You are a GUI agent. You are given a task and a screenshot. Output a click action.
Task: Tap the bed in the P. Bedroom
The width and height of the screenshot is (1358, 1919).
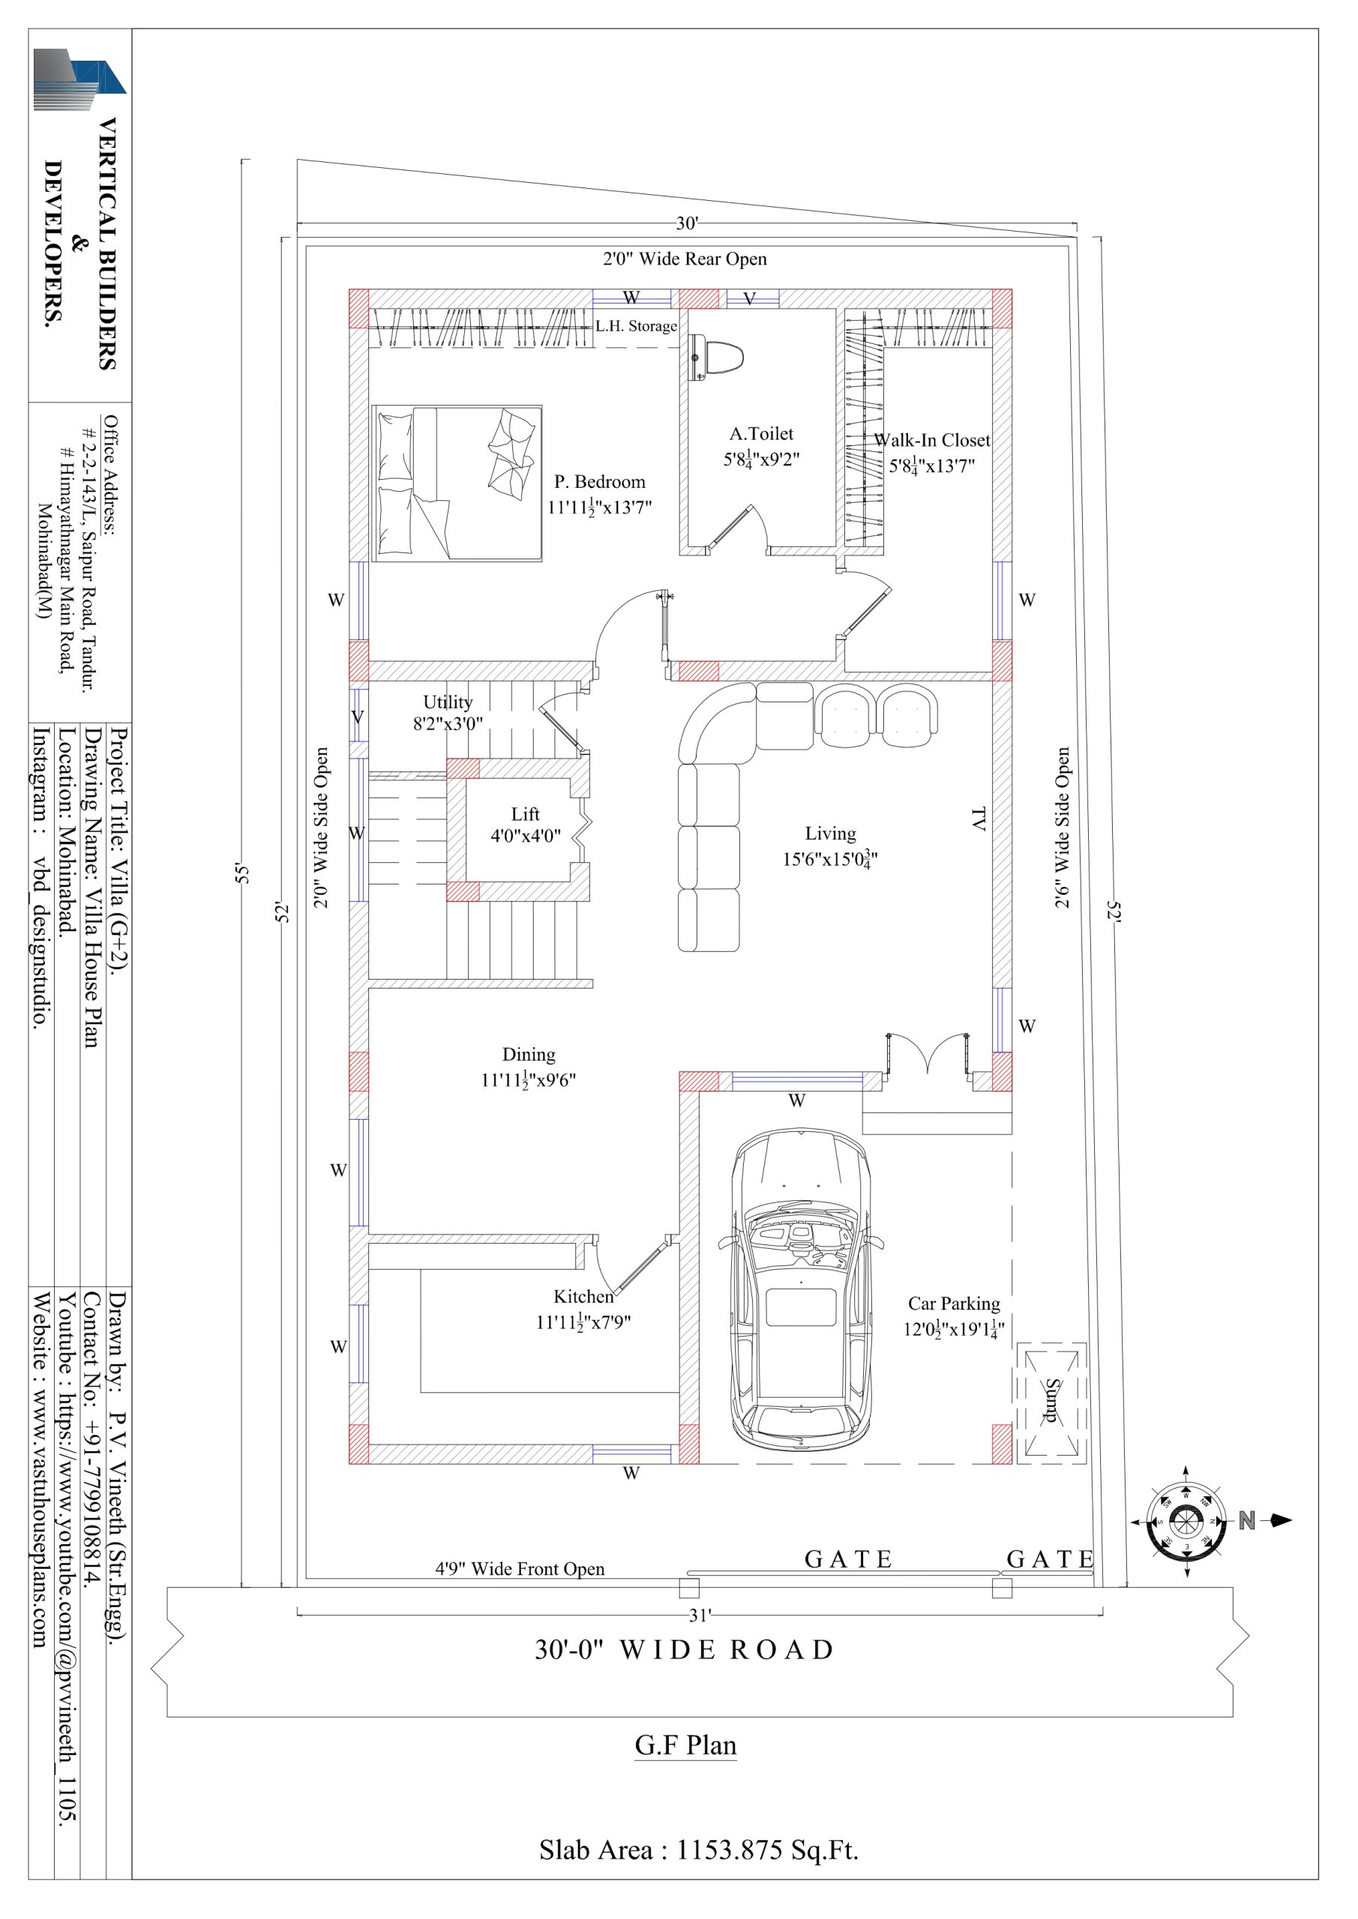457,483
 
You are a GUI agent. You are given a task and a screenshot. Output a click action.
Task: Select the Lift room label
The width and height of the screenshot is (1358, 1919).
525,814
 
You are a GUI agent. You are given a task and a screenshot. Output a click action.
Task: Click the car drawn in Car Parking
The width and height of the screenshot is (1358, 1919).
799,1294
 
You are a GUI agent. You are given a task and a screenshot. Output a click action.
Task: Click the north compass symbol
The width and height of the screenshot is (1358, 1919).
1185,1520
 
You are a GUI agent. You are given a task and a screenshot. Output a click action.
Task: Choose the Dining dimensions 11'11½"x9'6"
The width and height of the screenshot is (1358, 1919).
528,1080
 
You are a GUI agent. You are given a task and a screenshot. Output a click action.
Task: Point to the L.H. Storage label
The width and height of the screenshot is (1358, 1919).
636,326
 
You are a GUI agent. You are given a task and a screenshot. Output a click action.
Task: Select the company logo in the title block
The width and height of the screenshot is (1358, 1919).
79,79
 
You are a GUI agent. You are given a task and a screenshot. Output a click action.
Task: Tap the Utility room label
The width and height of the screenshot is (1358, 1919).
448,702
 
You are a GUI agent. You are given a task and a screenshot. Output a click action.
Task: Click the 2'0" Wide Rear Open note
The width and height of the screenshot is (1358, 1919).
685,259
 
